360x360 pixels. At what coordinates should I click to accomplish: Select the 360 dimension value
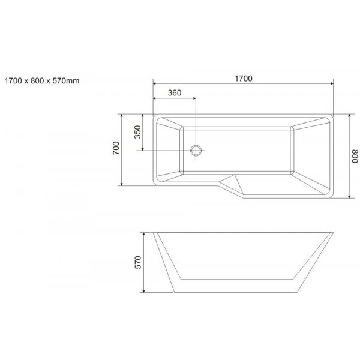click(175, 92)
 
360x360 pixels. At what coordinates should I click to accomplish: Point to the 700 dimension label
click(116, 148)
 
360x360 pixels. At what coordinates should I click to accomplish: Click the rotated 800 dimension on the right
click(355, 156)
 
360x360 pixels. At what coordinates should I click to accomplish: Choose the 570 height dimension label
click(137, 262)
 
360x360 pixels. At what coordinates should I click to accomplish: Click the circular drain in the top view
click(196, 150)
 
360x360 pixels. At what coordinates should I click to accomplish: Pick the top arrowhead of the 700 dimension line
click(122, 115)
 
